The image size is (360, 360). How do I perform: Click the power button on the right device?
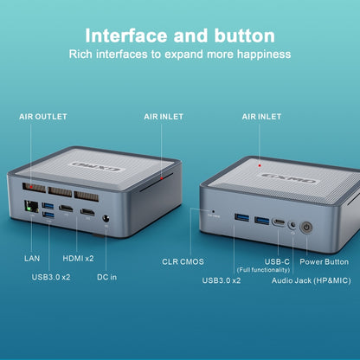tap(306, 228)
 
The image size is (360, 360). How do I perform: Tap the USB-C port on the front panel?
tap(279, 222)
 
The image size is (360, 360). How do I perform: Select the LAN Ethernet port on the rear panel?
tap(32, 207)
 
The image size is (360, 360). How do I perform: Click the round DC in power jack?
tap(106, 219)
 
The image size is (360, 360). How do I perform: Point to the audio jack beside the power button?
tap(292, 225)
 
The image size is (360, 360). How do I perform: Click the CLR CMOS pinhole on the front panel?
tap(213, 211)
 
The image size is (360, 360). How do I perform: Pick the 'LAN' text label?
tap(32, 258)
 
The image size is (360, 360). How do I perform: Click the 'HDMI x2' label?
tap(78, 258)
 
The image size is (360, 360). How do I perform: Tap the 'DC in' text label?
tap(106, 277)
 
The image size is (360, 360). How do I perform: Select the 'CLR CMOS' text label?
tap(183, 261)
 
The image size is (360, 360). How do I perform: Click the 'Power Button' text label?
tap(325, 261)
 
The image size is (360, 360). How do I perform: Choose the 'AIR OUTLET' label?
tap(43, 117)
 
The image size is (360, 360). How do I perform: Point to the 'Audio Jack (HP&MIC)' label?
tap(312, 280)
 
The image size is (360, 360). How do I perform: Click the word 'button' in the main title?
tap(244, 35)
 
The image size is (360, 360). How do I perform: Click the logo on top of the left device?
tap(97, 166)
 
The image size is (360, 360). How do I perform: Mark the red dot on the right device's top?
tap(260, 165)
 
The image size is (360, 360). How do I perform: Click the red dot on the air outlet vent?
tap(31, 187)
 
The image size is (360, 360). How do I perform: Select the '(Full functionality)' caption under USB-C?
tap(263, 270)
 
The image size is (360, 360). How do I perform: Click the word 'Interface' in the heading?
tap(126, 35)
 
